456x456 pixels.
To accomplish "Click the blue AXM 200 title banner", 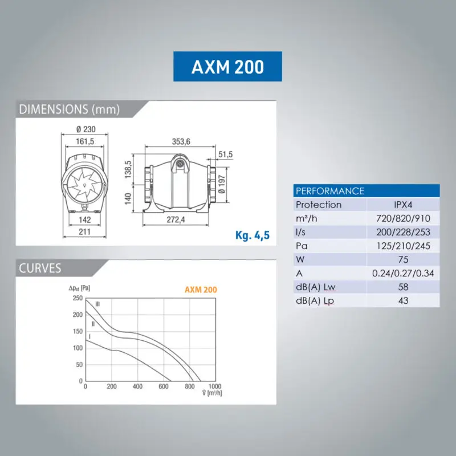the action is point(227,66).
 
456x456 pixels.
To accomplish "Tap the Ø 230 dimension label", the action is point(86,129).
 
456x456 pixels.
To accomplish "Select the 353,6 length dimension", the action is point(181,141).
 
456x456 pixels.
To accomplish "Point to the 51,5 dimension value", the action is point(225,154).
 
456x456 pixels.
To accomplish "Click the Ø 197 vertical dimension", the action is point(222,184).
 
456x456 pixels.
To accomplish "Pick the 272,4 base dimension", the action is point(176,219).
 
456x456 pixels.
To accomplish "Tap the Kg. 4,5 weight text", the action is point(253,235).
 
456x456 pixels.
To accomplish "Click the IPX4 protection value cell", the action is point(403,205).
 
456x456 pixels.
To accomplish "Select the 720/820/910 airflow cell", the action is point(403,218).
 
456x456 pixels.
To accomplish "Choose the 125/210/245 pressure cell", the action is point(403,246).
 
